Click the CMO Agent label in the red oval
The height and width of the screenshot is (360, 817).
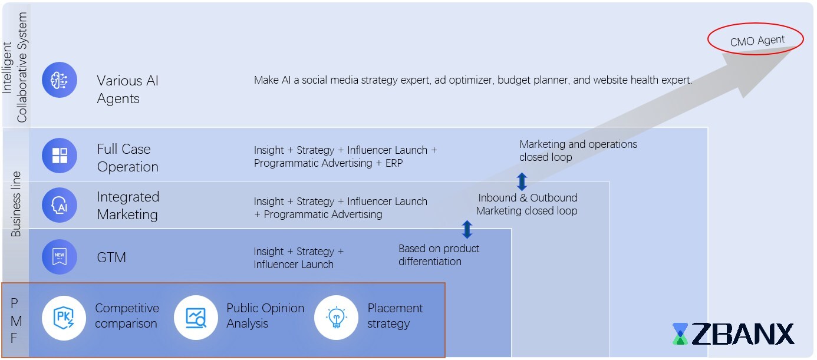[x=757, y=41]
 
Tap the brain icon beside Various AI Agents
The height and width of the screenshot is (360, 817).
[x=60, y=80]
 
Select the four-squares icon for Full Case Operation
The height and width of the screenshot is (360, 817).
[x=60, y=156]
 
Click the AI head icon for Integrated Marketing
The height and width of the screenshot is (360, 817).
[x=60, y=205]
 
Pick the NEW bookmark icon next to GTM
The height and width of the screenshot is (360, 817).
[x=60, y=257]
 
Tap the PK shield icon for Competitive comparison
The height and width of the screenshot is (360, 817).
[x=64, y=318]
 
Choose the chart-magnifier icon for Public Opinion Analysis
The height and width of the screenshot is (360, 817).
[x=196, y=318]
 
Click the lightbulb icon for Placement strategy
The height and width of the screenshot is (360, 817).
[x=336, y=318]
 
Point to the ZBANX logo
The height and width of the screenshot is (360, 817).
[x=733, y=334]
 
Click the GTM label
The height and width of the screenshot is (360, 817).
[x=111, y=257]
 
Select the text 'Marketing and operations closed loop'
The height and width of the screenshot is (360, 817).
[x=578, y=151]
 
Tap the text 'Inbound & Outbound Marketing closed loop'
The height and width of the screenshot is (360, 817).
[x=527, y=204]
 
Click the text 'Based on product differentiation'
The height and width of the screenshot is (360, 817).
[x=439, y=255]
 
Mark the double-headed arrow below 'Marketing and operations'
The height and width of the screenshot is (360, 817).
[x=522, y=181]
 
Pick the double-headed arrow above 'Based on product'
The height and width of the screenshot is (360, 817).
[x=467, y=229]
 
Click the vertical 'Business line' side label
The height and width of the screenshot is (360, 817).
[x=16, y=204]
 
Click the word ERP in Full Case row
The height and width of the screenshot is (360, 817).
[x=393, y=163]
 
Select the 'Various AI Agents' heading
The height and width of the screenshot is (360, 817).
[x=127, y=90]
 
